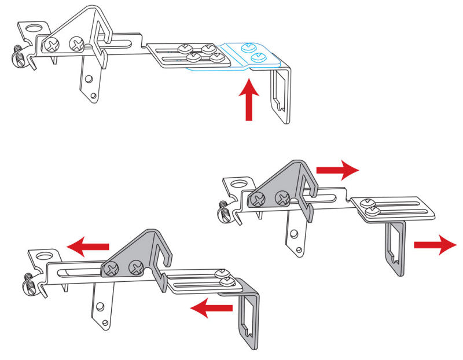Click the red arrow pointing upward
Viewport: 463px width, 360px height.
tap(249, 101)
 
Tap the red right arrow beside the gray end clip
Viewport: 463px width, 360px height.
tap(435, 245)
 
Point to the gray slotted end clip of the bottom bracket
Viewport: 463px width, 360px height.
tap(249, 318)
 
